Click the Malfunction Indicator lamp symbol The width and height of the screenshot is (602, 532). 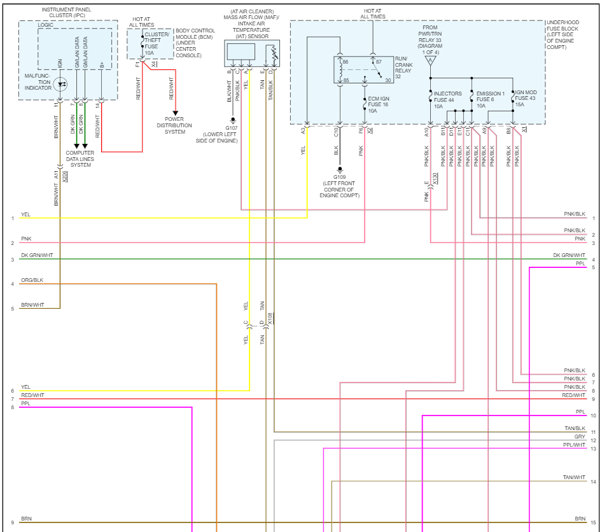click(x=60, y=84)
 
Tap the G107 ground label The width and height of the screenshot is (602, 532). click(x=232, y=128)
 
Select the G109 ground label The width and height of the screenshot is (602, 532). click(x=339, y=177)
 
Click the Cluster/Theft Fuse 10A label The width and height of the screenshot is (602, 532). click(x=156, y=43)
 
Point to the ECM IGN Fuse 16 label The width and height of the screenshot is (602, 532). click(x=378, y=105)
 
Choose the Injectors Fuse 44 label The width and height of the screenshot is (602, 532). click(x=447, y=100)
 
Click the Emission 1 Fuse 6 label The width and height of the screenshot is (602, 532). click(x=490, y=99)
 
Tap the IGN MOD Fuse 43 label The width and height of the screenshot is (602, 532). click(x=526, y=98)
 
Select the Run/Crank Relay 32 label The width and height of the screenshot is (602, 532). click(x=403, y=67)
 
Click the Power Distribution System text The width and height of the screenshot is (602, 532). click(x=174, y=125)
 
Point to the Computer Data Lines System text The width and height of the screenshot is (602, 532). click(x=80, y=159)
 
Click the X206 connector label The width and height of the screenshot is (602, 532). click(x=65, y=176)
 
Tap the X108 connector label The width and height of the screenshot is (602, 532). click(x=270, y=319)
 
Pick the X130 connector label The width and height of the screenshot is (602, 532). click(x=435, y=179)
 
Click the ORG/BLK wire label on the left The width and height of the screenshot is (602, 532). click(x=32, y=280)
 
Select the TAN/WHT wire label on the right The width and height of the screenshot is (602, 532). click(x=574, y=477)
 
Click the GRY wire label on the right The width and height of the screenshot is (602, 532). click(x=580, y=437)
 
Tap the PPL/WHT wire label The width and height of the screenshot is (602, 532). click(x=574, y=445)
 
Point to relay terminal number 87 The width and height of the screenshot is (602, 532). click(x=379, y=62)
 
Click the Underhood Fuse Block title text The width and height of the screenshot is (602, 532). click(x=563, y=35)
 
